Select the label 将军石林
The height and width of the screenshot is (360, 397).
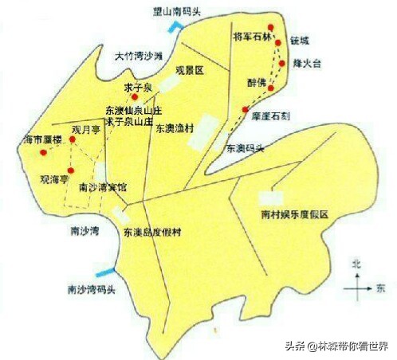click(x=251, y=37)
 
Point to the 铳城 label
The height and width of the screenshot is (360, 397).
click(x=300, y=41)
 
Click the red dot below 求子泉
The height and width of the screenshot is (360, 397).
click(x=134, y=97)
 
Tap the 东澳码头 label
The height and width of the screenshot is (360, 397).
click(x=246, y=149)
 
